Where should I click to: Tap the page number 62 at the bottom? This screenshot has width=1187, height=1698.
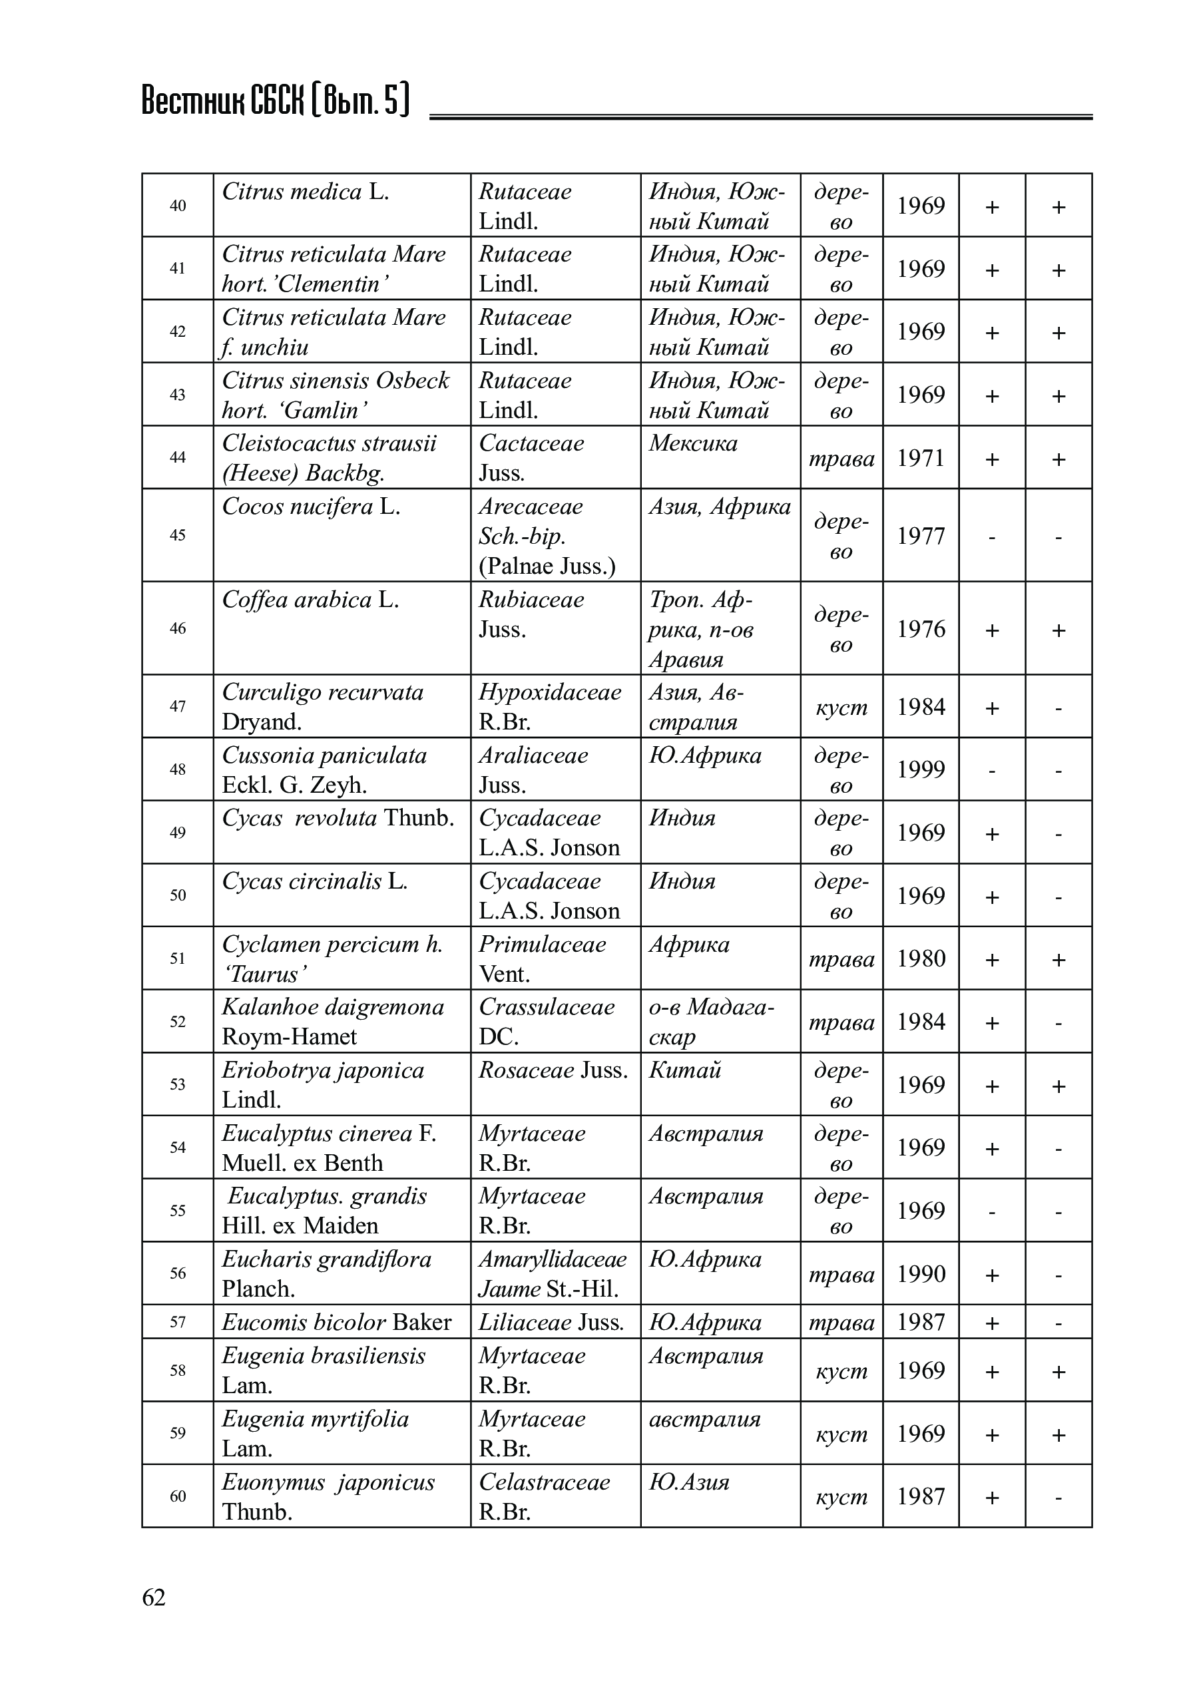[x=154, y=1597]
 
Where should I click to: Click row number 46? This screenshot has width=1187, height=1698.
[x=178, y=628]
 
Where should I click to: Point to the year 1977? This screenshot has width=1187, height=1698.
[x=921, y=535]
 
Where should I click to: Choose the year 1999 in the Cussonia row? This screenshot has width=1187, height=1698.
[x=921, y=769]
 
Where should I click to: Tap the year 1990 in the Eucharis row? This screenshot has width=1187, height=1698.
[x=921, y=1273]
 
